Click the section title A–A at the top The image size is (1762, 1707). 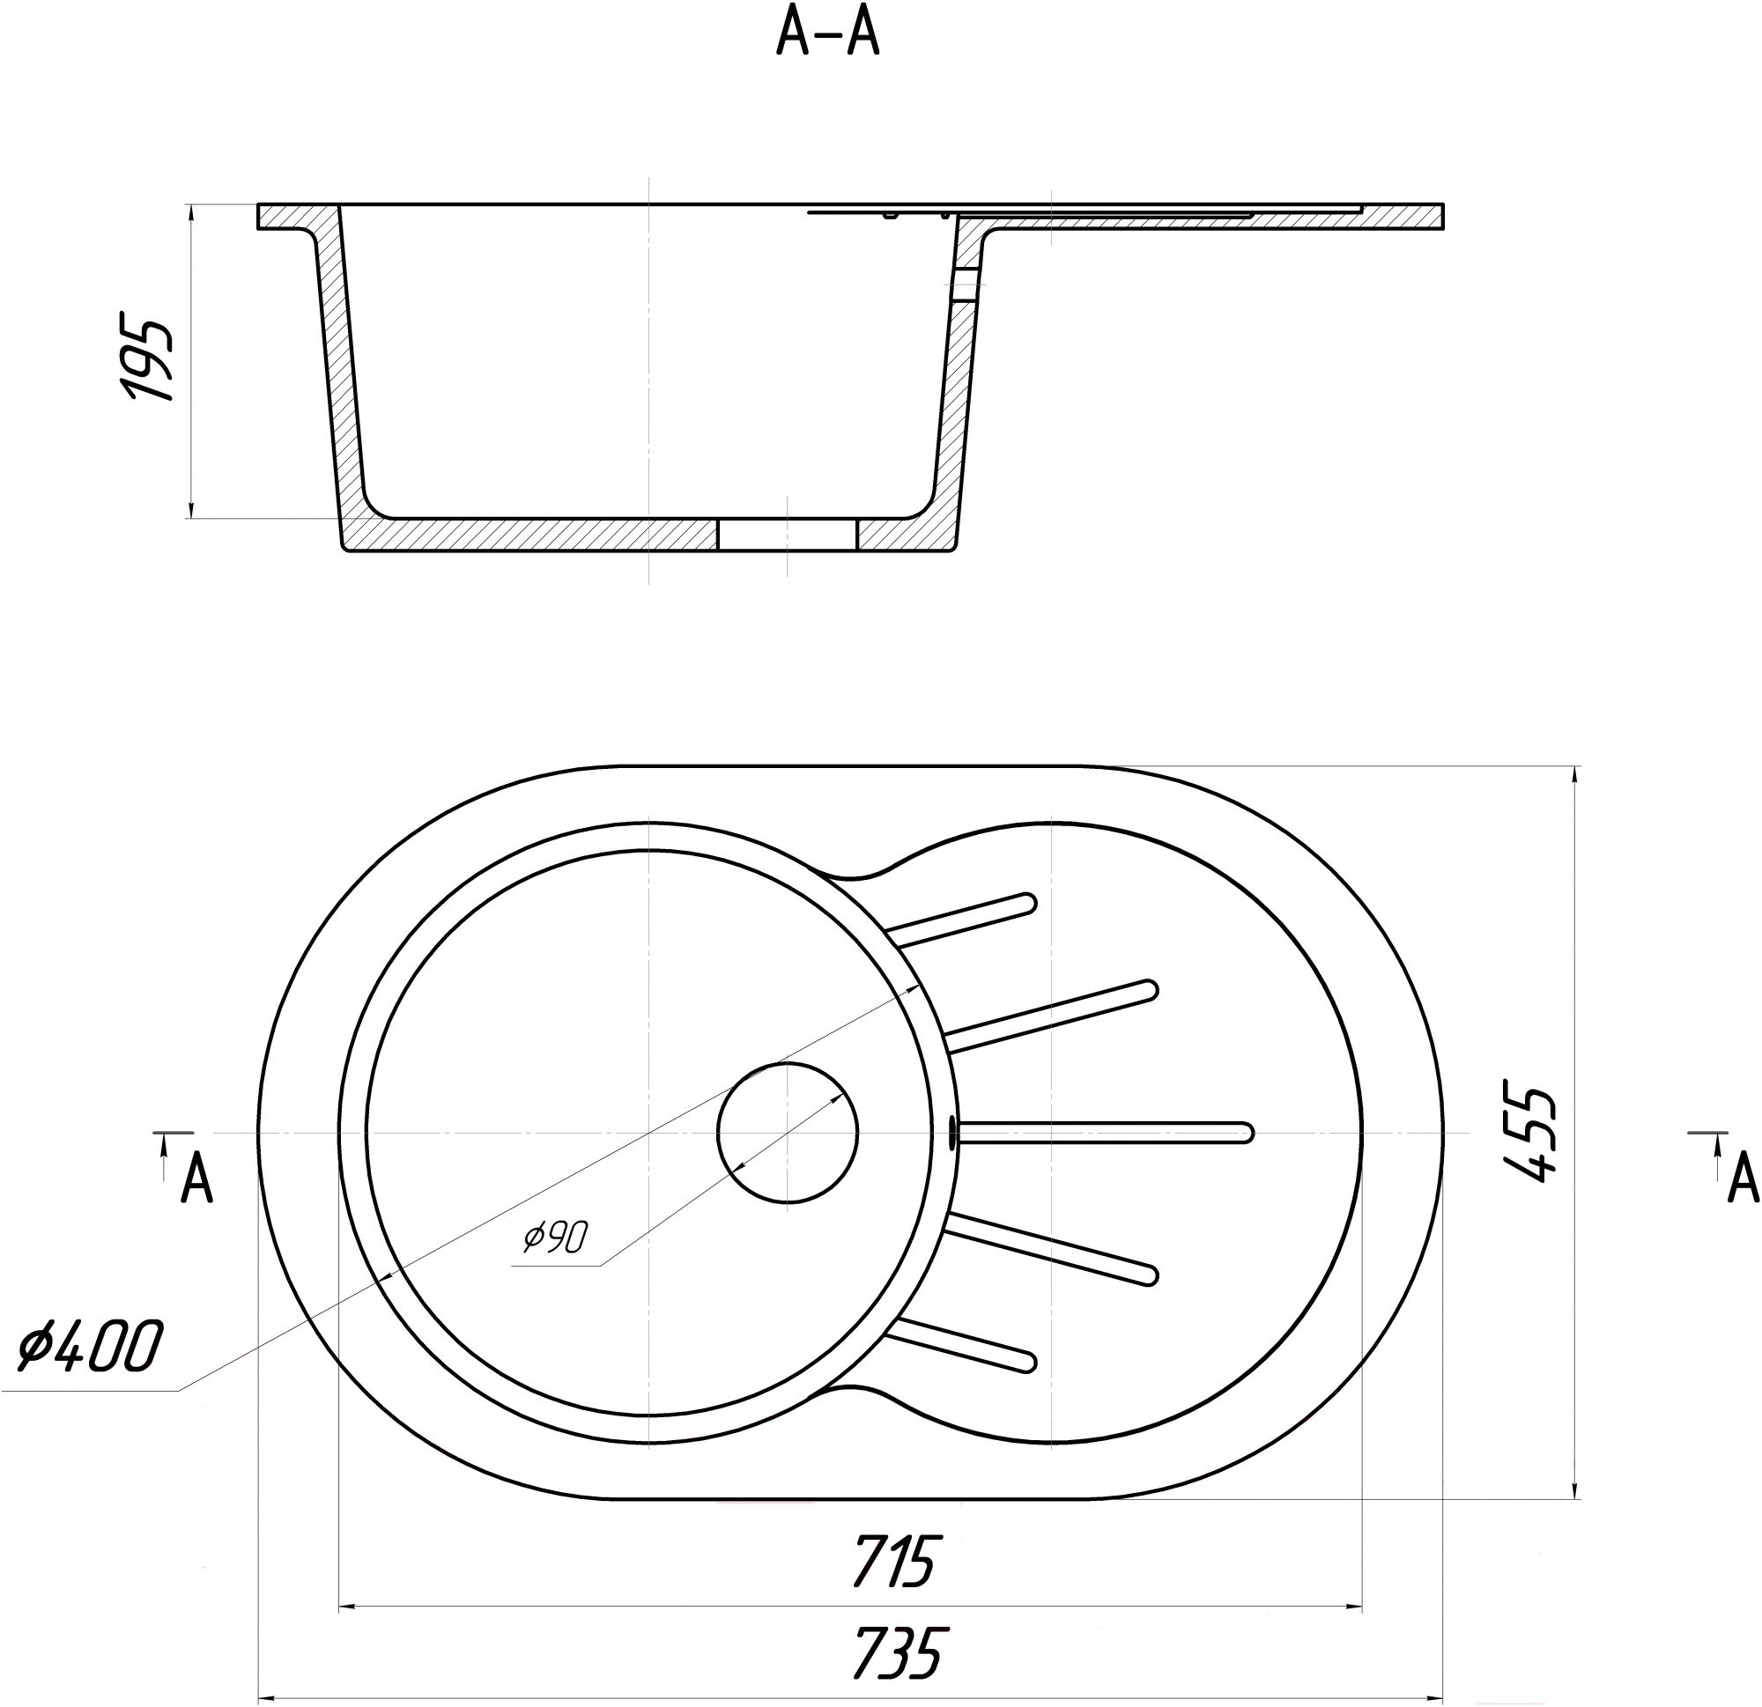point(828,37)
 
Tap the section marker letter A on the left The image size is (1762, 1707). point(196,1179)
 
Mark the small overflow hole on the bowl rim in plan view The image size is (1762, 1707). point(953,1133)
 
